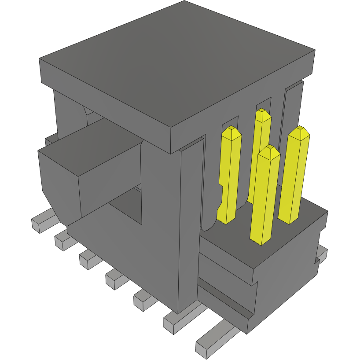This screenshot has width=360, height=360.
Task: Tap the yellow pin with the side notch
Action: pyautogui.click(x=230, y=176)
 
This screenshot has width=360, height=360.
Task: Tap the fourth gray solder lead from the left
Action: pyautogui.click(x=115, y=279)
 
